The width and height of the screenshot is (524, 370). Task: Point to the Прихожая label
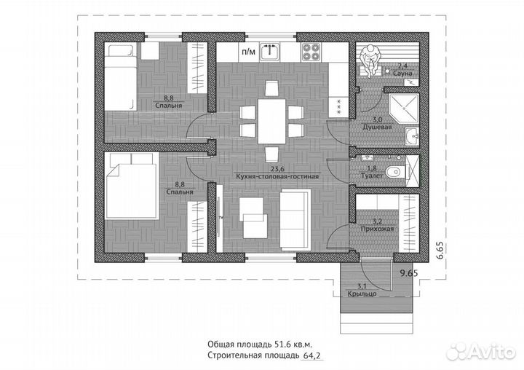click(378, 229)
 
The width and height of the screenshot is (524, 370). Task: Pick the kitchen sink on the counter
click(271, 51)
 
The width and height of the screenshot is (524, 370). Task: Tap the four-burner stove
click(312, 52)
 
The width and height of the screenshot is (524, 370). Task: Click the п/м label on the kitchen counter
click(247, 52)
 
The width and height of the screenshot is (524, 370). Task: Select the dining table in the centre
click(271, 120)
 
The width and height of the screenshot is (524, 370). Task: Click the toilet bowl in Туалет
click(393, 171)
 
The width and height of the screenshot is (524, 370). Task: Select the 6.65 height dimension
click(440, 250)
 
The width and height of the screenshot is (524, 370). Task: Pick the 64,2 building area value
click(312, 356)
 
